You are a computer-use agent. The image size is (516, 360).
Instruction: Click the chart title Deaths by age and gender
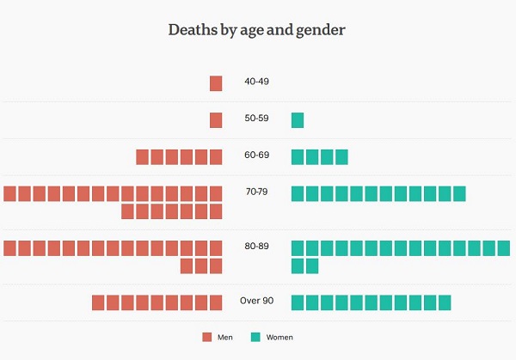(256, 30)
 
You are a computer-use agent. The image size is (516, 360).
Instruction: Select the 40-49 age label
(256, 83)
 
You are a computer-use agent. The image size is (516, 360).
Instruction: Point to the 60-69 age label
(256, 156)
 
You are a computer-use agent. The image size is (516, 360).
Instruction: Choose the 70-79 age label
(256, 192)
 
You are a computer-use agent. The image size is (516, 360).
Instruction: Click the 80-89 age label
(256, 247)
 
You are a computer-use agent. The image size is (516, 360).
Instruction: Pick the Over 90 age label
(256, 302)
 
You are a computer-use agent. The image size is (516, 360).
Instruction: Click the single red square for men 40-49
(216, 83)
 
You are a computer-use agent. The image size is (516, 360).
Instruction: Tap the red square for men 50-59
(216, 120)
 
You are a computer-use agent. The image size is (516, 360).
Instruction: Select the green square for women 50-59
(298, 120)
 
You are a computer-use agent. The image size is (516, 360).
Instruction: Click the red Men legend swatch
(206, 337)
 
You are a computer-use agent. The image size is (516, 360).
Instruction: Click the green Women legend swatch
(256, 337)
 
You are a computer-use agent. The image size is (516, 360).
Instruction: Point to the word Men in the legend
(225, 338)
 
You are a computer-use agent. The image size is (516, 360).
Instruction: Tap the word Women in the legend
(279, 338)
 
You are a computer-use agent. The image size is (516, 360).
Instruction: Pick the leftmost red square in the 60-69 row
(143, 156)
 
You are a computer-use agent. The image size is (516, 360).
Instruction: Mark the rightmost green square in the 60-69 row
(341, 156)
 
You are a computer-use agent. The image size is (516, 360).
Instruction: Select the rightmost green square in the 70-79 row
(459, 193)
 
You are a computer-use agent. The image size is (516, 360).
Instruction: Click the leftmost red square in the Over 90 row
(99, 302)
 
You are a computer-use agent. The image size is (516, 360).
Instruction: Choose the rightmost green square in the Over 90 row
(444, 302)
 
